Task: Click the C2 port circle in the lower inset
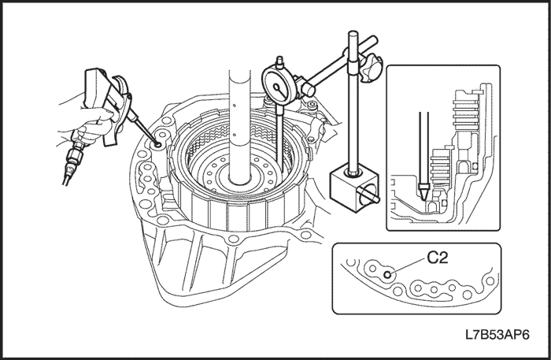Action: pyautogui.click(x=388, y=274)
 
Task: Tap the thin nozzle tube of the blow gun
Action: pyautogui.click(x=146, y=129)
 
